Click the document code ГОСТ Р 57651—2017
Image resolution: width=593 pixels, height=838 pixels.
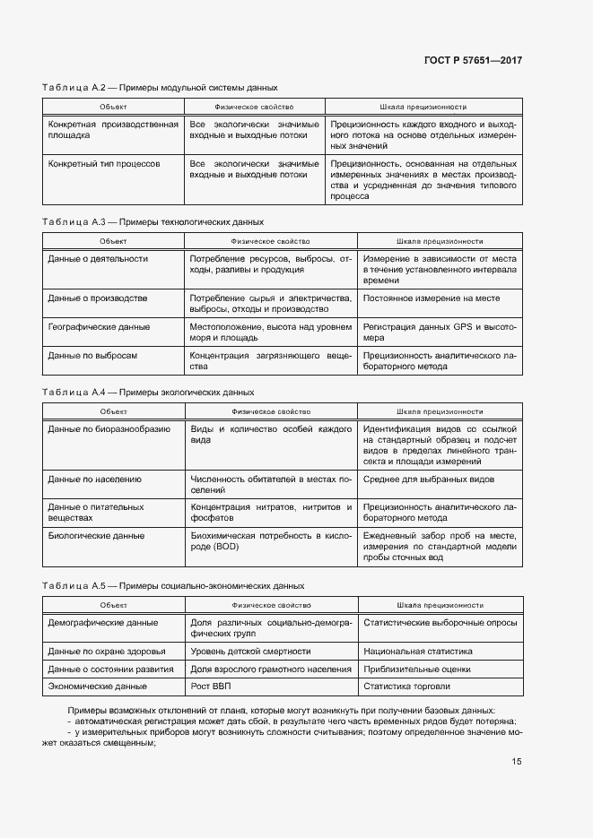click(x=473, y=60)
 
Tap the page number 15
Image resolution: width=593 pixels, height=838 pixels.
click(x=517, y=762)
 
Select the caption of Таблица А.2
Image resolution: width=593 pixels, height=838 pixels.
click(x=160, y=88)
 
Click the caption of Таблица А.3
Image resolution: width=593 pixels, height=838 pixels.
click(x=153, y=221)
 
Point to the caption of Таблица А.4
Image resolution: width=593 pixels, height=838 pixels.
click(x=148, y=393)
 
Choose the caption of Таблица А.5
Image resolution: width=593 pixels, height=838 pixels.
click(x=173, y=585)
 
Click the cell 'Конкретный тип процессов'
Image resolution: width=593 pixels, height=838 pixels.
click(x=103, y=165)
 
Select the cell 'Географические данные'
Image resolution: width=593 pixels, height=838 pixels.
click(x=99, y=327)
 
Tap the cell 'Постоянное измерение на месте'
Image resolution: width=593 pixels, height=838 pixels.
click(x=432, y=298)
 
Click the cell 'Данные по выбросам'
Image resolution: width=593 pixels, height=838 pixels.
click(x=92, y=356)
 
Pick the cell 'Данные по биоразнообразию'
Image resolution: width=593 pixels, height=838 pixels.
click(x=109, y=429)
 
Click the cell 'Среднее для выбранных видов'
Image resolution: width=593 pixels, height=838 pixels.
click(x=429, y=479)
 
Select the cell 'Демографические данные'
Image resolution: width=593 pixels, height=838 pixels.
click(x=102, y=622)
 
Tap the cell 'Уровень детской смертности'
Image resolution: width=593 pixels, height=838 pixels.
click(x=250, y=652)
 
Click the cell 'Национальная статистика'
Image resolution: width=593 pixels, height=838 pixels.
click(x=417, y=652)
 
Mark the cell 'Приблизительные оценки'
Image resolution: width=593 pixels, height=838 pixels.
click(x=416, y=670)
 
